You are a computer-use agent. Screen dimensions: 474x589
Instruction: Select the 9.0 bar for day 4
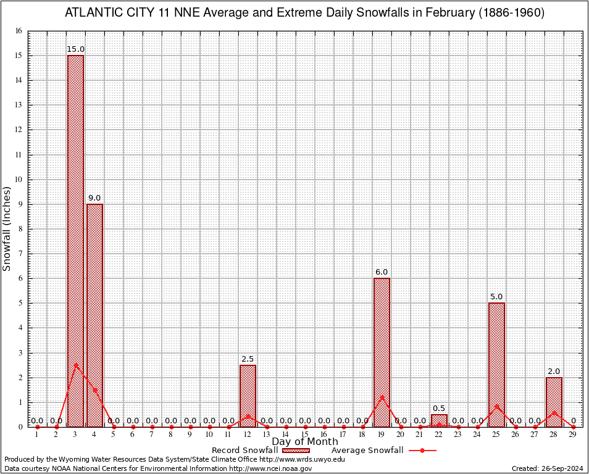click(x=94, y=315)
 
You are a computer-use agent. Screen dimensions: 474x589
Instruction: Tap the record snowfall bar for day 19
click(x=382, y=352)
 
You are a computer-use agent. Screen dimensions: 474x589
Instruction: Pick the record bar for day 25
click(x=496, y=364)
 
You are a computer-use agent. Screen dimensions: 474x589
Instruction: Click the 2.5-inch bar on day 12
click(x=248, y=396)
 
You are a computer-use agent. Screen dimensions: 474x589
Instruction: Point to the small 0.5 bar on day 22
click(x=439, y=420)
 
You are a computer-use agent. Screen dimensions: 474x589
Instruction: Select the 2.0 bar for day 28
click(x=554, y=402)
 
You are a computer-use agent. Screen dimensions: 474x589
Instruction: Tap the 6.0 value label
click(x=382, y=272)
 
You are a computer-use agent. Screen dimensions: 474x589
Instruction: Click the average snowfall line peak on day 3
click(x=75, y=365)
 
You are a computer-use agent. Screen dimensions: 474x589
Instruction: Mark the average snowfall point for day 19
click(x=382, y=397)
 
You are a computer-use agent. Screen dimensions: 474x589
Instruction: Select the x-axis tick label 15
click(x=305, y=435)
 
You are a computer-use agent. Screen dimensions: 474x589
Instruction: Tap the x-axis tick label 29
click(x=573, y=435)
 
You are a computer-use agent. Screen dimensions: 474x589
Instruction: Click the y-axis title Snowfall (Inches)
click(x=7, y=228)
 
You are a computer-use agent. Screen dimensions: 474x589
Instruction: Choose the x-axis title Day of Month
click(x=304, y=442)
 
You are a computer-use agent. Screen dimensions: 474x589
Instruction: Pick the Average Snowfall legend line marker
click(x=422, y=451)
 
